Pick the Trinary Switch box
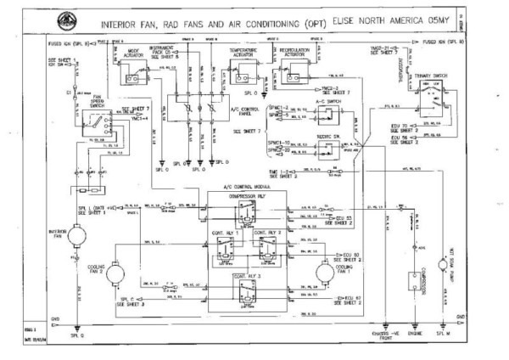(430, 87)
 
